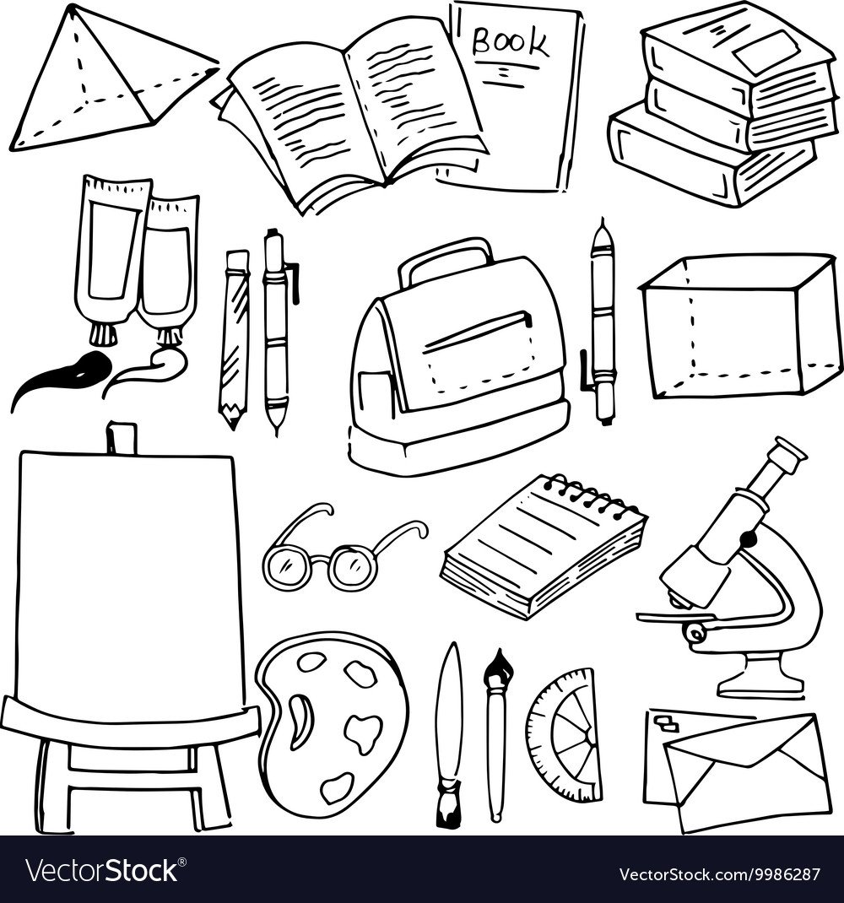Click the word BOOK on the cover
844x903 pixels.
(510, 41)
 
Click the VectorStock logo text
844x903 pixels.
(104, 871)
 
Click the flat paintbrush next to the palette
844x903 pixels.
(449, 735)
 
